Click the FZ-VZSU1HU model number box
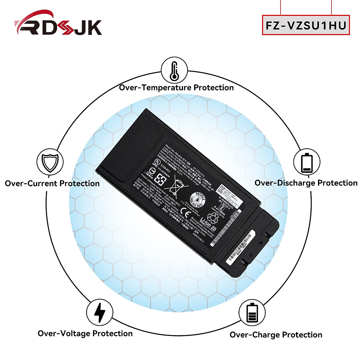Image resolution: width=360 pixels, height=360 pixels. [306, 25]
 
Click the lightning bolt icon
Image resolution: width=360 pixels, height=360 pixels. [100, 312]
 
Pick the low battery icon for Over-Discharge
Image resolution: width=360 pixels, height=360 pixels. [306, 163]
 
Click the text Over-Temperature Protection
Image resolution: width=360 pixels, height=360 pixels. [176, 88]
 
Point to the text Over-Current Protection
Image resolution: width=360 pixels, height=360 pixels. [52, 183]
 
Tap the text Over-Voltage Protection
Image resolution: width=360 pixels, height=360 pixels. [85, 333]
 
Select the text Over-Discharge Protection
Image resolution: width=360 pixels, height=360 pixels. [306, 183]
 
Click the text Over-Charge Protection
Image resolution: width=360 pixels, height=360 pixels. [276, 335]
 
